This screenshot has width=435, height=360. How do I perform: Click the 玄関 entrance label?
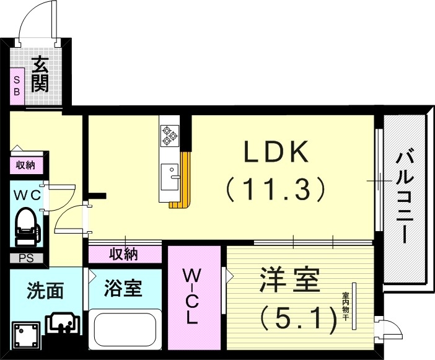[x=40, y=74]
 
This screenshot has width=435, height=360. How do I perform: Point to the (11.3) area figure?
[x=275, y=188]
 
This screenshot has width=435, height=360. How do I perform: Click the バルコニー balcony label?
[x=405, y=198]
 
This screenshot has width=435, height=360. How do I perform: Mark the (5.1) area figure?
[x=298, y=318]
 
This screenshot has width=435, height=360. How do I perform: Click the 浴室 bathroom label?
[x=123, y=288]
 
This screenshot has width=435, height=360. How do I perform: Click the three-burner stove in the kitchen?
[x=169, y=136]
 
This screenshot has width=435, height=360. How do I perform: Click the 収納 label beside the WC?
[x=25, y=165]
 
